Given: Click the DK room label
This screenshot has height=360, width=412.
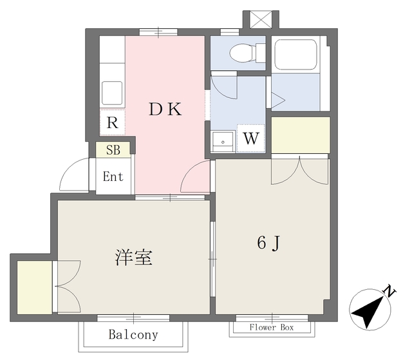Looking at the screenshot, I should pos(165,109).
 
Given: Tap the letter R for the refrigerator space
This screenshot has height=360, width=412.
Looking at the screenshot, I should pos(112,122).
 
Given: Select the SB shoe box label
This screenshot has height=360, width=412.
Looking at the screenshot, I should pos(113,150).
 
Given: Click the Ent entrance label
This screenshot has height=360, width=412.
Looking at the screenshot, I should pos(113,176).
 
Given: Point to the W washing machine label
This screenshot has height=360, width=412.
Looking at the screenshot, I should pos(251,138).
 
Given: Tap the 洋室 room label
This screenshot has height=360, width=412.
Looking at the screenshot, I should pos(133,258).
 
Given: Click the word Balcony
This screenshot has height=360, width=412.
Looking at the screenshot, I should pos(133,335).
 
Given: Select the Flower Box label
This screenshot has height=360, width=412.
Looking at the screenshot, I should pos(271,328).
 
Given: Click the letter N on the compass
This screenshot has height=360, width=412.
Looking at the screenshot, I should pos(389,292).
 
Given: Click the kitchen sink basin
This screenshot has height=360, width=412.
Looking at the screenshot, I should pos(112,93).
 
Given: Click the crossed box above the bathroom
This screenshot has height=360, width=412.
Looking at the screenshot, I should pos(259,19).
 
